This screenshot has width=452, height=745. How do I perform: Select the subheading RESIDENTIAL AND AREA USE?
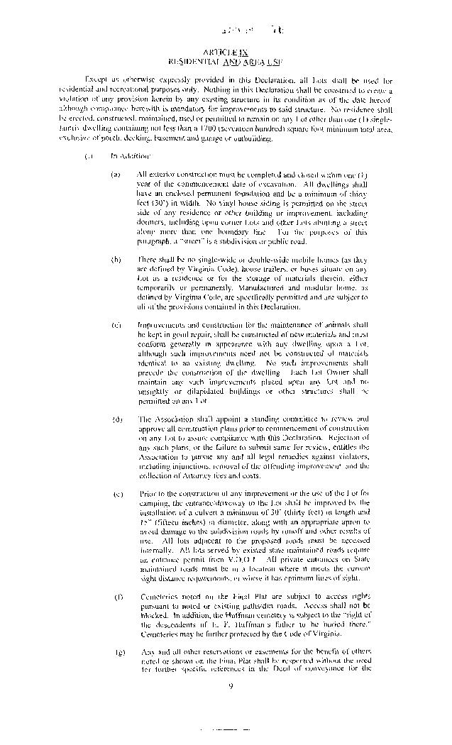226,62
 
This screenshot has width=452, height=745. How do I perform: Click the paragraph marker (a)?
115,173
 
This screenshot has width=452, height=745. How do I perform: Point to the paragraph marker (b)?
115,259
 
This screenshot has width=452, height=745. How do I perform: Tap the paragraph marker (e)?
115,493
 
